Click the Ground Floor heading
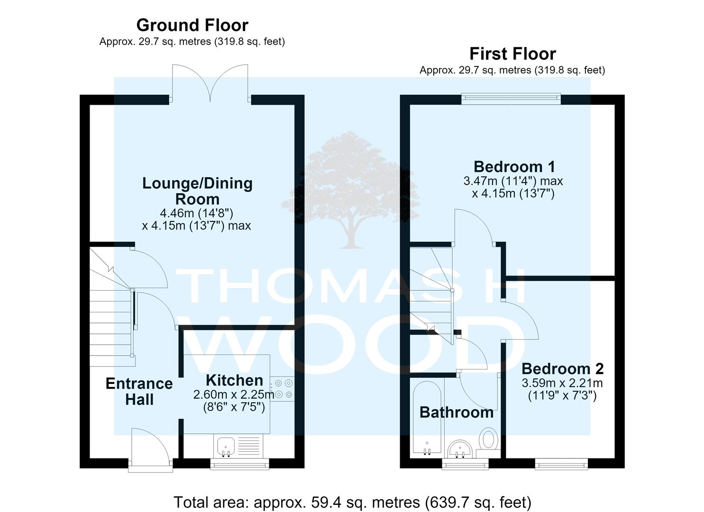click(x=192, y=25)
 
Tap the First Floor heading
click(x=512, y=54)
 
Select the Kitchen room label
click(x=235, y=380)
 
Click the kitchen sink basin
click(x=226, y=446)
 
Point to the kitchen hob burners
click(x=283, y=389)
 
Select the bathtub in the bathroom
click(x=427, y=418)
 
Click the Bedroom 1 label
click(x=514, y=166)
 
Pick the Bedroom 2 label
click(x=563, y=369)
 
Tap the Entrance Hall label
click(x=139, y=391)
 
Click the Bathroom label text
click(x=457, y=412)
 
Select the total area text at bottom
click(x=352, y=502)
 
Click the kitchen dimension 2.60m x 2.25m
click(x=234, y=394)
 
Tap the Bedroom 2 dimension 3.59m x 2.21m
click(x=562, y=383)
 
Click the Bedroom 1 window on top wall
click(x=511, y=99)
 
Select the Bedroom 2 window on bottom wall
click(x=561, y=464)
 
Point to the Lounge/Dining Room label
click(x=197, y=191)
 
